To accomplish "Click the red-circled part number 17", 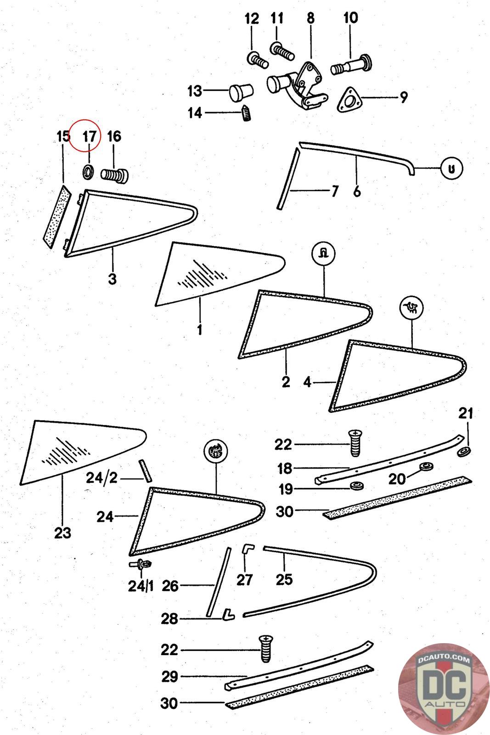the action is (89, 136).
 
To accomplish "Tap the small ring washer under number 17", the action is (88, 172).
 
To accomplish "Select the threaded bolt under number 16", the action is (114, 175).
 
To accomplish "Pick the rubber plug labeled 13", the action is (241, 92).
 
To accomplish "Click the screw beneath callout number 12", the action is (258, 60).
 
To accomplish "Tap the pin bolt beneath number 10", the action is (351, 65).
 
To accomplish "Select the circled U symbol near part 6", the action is (451, 169).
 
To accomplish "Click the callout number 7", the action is (334, 191).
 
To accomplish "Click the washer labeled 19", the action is (357, 485).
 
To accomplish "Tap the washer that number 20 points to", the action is (426, 466).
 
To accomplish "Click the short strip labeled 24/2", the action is (145, 470).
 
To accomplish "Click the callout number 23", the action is (62, 533).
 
